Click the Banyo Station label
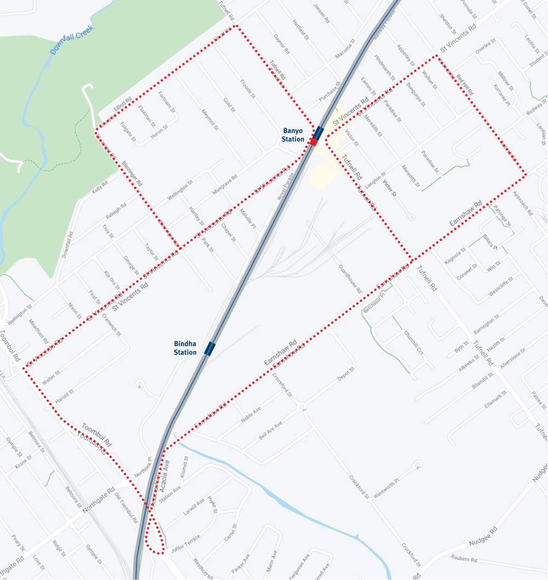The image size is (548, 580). pyautogui.click(x=293, y=135)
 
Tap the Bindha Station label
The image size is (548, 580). pyautogui.click(x=185, y=348)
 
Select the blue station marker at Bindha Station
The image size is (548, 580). pyautogui.click(x=210, y=348)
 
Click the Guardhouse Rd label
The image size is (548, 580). pyautogui.click(x=349, y=279)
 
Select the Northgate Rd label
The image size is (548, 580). pyautogui.click(x=98, y=499)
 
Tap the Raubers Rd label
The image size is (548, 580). pyautogui.click(x=464, y=560)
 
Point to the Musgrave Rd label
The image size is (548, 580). pyautogui.click(x=225, y=185)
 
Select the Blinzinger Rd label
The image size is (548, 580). pyautogui.click(x=132, y=174)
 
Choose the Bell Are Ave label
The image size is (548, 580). pyautogui.click(x=270, y=432)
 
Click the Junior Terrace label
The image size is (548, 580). pyautogui.click(x=185, y=542)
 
